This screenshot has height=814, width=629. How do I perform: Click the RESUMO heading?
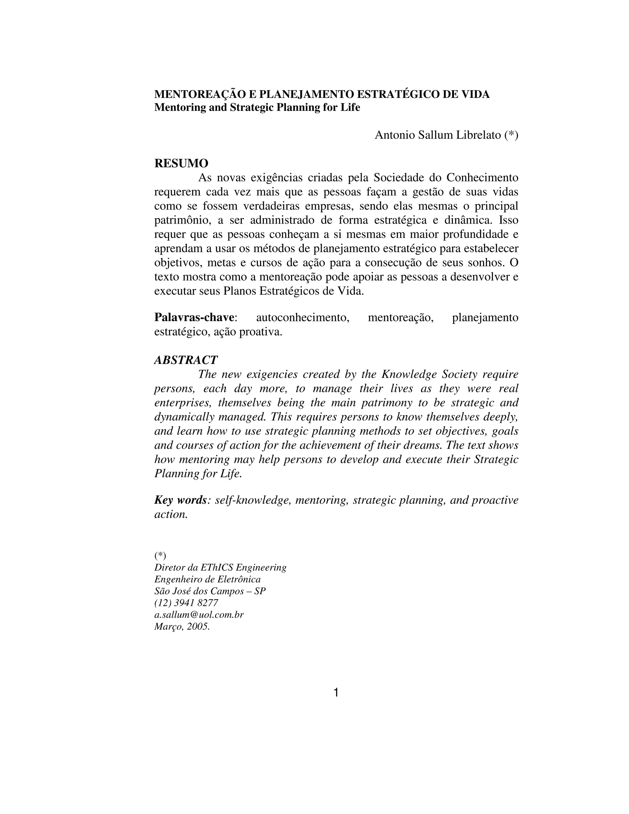coord(181,163)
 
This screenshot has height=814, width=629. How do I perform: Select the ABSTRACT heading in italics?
coord(186,360)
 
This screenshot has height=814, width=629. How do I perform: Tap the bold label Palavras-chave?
coord(194,318)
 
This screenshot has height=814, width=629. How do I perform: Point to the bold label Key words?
coord(180,500)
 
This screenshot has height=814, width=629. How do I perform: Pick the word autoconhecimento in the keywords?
coord(303,318)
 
